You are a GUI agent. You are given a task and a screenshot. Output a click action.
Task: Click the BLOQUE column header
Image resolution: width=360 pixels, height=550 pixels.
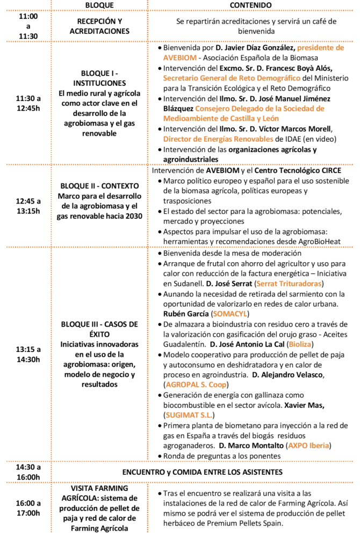(99, 5)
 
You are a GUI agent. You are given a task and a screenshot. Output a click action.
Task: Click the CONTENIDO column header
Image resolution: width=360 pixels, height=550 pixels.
(250, 5)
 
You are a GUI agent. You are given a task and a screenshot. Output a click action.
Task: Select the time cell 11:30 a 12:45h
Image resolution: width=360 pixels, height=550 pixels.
(28, 103)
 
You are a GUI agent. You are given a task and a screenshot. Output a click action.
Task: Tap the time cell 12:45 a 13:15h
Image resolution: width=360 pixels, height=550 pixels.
(28, 206)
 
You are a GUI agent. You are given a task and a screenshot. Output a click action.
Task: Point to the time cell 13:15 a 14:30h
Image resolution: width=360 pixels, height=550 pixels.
(28, 354)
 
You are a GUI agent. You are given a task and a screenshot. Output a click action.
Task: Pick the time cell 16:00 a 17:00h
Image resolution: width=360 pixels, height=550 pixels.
(28, 508)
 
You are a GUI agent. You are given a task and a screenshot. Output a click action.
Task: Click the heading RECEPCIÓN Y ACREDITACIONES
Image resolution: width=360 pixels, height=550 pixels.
(99, 26)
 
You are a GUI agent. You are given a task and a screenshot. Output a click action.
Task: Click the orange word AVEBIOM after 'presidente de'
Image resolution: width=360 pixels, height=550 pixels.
(179, 58)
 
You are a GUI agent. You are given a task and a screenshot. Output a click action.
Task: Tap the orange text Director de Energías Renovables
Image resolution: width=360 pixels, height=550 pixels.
(218, 139)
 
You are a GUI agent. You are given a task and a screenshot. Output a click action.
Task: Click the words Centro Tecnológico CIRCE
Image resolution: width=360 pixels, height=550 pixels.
(298, 170)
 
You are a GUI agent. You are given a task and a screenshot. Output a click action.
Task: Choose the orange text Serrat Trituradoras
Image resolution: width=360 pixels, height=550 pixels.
(289, 284)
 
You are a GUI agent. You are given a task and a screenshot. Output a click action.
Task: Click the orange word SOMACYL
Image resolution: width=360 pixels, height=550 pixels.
(230, 314)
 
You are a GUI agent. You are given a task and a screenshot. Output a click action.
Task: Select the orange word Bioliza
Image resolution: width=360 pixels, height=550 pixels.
(300, 344)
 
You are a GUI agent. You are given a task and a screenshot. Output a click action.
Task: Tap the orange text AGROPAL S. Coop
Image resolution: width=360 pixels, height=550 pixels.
(196, 385)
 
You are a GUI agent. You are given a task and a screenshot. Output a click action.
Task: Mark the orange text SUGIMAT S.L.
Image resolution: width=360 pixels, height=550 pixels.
(189, 415)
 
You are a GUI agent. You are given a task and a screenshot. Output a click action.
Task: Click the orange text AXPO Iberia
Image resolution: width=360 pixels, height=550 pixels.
(308, 445)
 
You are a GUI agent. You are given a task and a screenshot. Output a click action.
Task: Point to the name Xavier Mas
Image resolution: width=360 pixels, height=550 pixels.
(304, 405)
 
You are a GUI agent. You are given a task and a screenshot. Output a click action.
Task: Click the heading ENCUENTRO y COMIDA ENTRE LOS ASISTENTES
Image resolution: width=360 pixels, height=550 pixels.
(203, 472)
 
